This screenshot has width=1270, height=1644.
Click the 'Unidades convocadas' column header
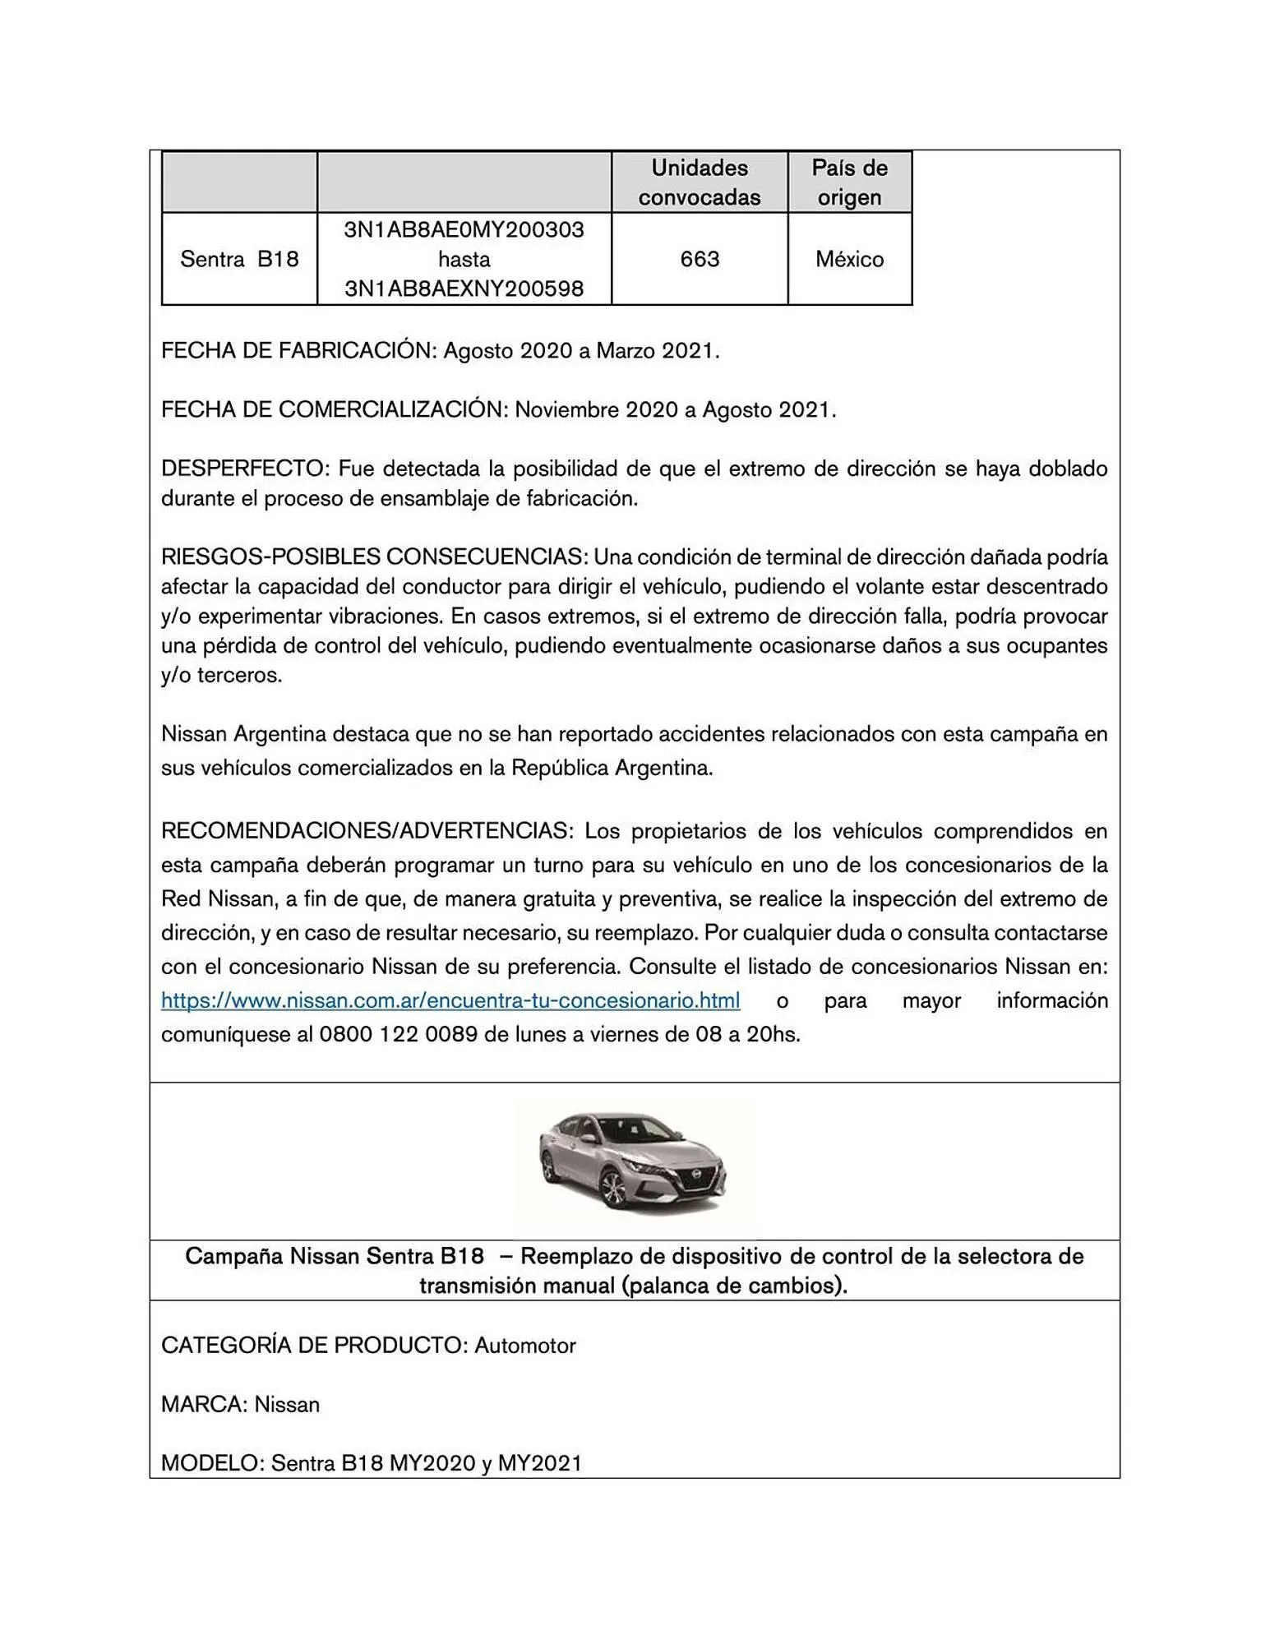(x=700, y=182)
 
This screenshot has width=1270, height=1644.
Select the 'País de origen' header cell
(x=849, y=182)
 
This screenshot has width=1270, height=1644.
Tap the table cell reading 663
(x=700, y=259)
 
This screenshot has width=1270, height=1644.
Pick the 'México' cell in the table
(x=849, y=259)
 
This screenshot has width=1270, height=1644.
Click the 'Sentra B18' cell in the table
(x=239, y=259)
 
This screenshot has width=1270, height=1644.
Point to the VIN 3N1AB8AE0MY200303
(x=464, y=229)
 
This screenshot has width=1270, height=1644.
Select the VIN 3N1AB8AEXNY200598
(x=464, y=289)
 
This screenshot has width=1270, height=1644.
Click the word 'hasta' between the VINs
(x=464, y=259)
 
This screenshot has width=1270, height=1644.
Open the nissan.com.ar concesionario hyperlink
(x=450, y=1000)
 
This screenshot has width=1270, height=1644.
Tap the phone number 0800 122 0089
(x=398, y=1034)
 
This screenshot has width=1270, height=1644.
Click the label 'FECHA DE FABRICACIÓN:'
(x=298, y=351)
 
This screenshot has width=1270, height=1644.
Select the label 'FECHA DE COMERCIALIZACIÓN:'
(x=334, y=409)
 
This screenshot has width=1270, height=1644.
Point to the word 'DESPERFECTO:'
(x=244, y=469)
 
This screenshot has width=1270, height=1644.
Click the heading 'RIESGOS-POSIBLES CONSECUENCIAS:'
(x=374, y=557)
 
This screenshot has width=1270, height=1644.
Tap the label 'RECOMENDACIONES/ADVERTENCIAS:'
(x=366, y=831)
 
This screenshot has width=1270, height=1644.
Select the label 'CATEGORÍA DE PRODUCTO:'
(x=315, y=1346)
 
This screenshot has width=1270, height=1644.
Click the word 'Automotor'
(x=525, y=1346)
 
